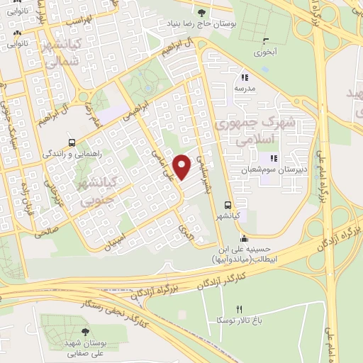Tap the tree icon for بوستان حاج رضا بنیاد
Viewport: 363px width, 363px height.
tap(202, 12)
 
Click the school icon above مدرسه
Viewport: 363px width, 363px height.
tap(245, 77)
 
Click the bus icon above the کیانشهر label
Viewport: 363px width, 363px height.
tap(227, 202)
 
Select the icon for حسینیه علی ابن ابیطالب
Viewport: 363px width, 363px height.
tap(245, 238)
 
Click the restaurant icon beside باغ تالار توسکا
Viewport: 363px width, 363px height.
tap(239, 309)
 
